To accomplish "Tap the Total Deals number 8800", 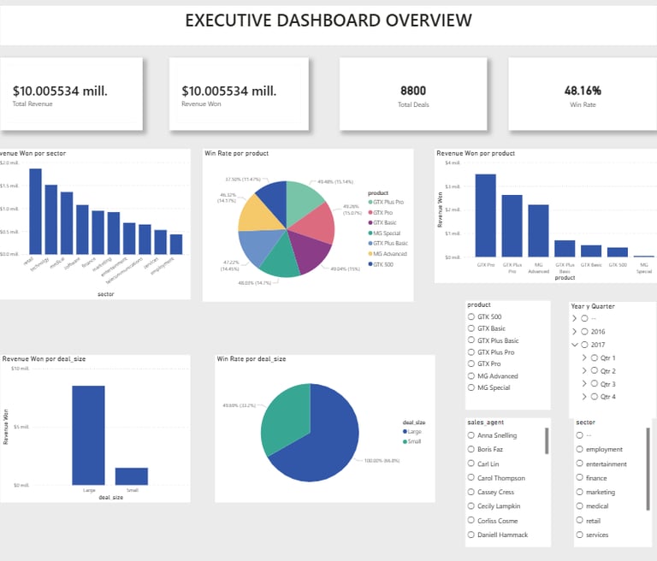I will coord(414,90).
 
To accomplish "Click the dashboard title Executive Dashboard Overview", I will coord(328,21).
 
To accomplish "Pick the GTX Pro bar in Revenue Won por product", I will coord(485,215).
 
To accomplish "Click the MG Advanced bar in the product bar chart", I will coord(538,230).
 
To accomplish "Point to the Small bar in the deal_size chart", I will coord(132,476).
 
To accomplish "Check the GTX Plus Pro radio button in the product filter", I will coord(471,352).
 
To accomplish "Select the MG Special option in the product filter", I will coord(471,387).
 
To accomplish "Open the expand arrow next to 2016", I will coord(574,331).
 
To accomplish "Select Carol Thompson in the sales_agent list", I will coord(471,478).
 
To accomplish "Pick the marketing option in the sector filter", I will coord(580,492).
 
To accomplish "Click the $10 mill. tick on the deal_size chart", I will coord(21,369).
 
